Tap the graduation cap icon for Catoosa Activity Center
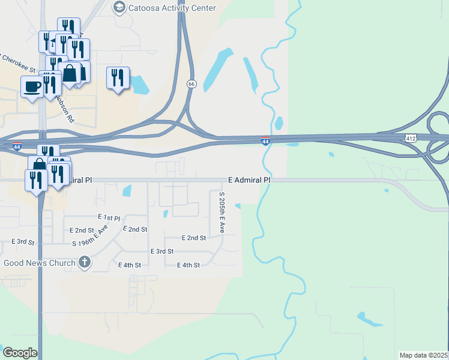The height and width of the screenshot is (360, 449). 119,8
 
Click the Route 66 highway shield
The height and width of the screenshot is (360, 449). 191,84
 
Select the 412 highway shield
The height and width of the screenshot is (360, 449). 411,138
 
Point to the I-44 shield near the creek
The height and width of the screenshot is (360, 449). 265,141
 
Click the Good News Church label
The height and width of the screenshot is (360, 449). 40,263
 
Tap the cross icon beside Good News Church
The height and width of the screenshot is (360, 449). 85,262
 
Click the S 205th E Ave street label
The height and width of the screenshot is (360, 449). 221,212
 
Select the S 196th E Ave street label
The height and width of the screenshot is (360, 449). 90,237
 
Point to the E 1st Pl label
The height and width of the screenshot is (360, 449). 109,217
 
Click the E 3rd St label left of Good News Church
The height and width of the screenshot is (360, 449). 23,241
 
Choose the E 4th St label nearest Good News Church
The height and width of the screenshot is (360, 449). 130,265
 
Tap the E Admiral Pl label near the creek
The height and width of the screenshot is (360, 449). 249,179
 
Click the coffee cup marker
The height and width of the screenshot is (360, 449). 32,86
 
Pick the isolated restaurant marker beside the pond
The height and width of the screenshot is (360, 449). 118,78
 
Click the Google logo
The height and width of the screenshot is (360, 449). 20,352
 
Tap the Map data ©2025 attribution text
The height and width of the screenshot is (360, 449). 424,355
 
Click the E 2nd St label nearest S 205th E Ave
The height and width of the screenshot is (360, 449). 193,238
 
